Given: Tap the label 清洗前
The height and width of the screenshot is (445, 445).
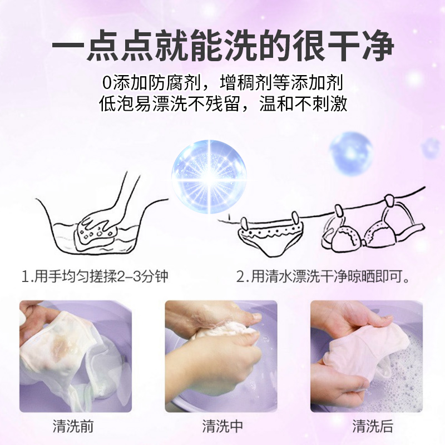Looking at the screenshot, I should pos(73,427).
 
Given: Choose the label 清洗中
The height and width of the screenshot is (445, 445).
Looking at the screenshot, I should pos(222,427).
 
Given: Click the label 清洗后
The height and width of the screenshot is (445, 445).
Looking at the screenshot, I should pos(372,427).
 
